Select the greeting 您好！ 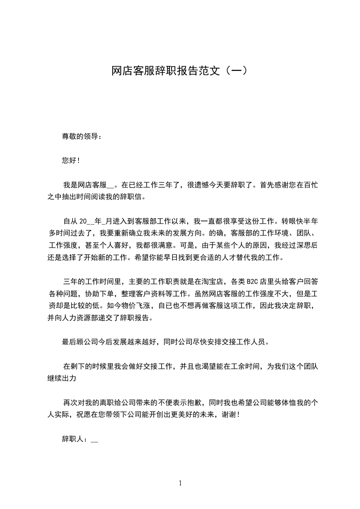(x=71, y=161)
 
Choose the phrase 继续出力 (x=62, y=377)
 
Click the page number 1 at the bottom (x=180, y=483)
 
